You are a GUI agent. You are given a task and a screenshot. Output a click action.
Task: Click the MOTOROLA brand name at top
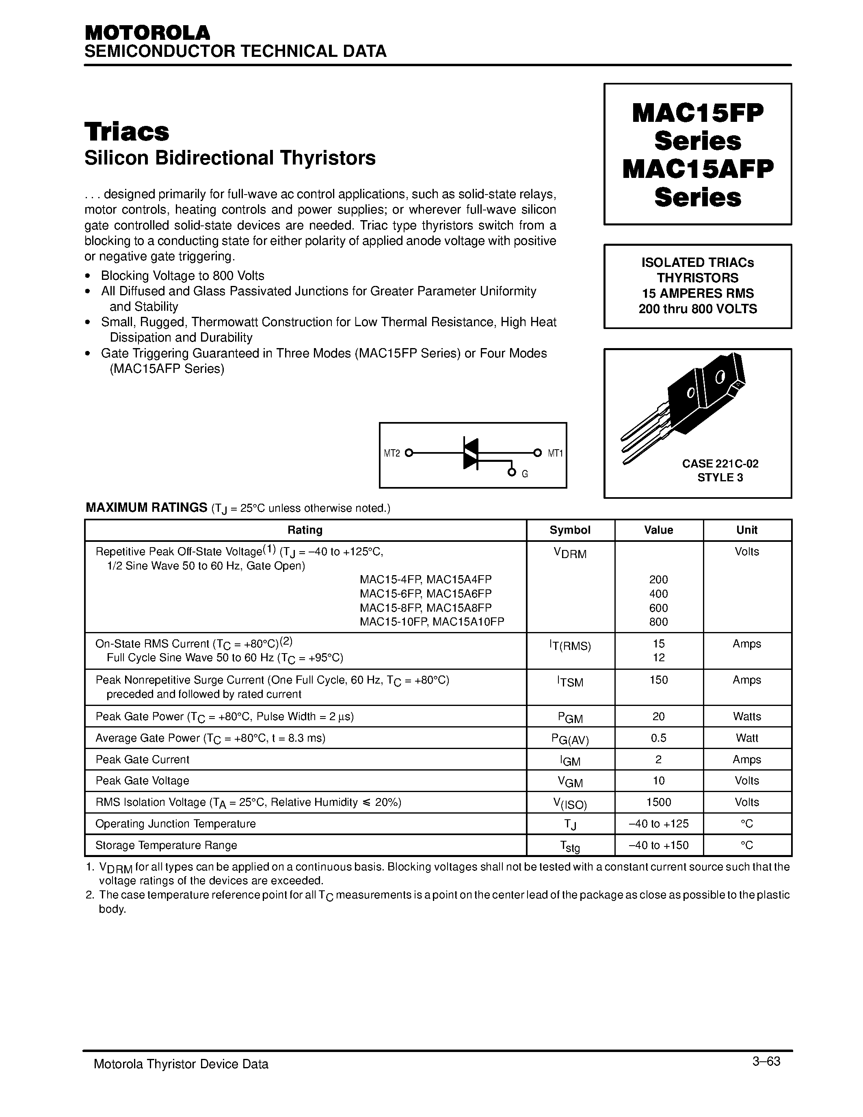coord(147,33)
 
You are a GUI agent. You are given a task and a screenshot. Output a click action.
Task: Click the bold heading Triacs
coord(127,132)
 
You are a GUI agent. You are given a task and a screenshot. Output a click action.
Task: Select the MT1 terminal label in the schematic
coord(555,453)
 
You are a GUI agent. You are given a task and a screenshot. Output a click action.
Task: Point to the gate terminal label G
coord(525,474)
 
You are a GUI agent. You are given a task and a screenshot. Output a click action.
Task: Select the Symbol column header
coord(570,530)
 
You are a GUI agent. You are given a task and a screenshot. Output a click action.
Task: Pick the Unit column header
coord(746,530)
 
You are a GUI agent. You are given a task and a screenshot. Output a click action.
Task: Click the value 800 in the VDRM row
coord(658,622)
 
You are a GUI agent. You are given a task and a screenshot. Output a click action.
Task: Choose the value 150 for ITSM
coord(658,680)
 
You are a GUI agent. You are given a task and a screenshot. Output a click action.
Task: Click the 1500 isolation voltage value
coord(658,802)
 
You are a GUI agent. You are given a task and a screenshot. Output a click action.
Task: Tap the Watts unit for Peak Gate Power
coord(746,717)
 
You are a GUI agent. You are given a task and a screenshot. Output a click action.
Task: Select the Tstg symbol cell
coord(570,846)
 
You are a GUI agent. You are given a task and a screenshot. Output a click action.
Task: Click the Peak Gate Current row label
coord(142,760)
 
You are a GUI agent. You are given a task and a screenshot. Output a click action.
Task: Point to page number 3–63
coord(766,1061)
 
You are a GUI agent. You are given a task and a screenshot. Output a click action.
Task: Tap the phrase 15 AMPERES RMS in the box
coord(697,293)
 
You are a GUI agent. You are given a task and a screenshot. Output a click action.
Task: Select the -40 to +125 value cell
coord(658,823)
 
